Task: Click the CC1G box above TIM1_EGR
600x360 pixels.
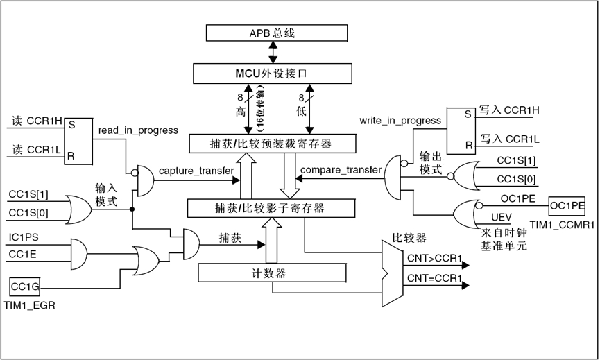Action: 26,286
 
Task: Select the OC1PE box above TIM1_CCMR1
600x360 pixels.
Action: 567,206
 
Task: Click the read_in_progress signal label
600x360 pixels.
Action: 138,130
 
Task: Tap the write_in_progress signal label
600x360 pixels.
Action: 400,121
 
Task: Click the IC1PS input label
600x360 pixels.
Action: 24,237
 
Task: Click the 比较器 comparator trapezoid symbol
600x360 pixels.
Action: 392,273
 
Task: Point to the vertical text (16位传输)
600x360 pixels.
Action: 262,104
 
